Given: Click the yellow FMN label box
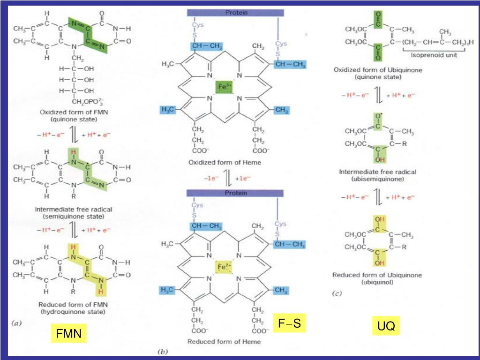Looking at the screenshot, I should (x=69, y=334).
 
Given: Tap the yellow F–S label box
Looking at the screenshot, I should (x=289, y=323).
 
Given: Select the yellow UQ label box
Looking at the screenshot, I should (x=386, y=326).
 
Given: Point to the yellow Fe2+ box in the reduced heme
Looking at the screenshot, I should (x=224, y=267).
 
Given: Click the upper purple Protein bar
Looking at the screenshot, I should (x=236, y=13).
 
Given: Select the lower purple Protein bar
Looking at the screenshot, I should (x=235, y=193).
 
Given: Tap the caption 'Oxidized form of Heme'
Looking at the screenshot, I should (x=225, y=163).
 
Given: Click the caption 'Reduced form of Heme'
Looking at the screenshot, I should (x=224, y=342).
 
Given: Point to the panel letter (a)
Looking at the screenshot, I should (x=16, y=323).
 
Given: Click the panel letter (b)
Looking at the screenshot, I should (x=163, y=351).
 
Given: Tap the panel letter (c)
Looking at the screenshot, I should (x=337, y=293).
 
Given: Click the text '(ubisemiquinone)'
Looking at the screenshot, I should (x=378, y=179).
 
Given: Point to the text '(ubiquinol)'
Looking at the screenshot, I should (x=377, y=282).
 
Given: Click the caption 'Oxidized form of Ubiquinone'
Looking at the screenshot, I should (x=378, y=69).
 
